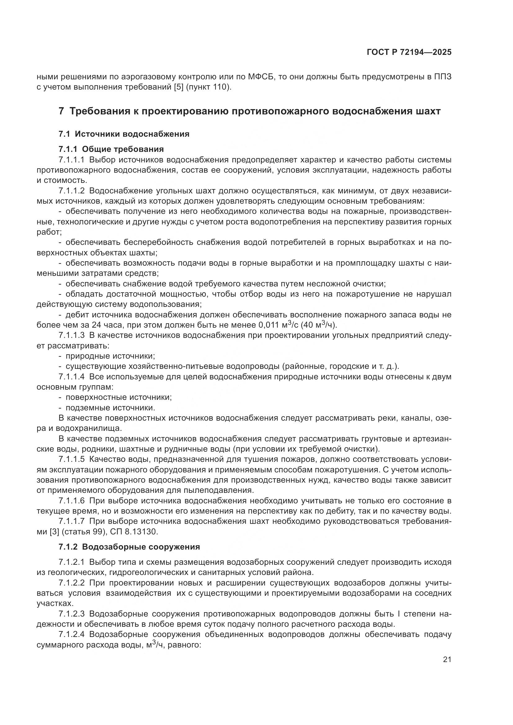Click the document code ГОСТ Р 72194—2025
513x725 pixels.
tap(409, 52)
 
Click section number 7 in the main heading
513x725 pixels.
tap(61, 112)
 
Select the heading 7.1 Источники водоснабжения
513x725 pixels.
tap(124, 134)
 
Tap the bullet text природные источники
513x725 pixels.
tap(110, 356)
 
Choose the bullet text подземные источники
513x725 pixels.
tap(110, 408)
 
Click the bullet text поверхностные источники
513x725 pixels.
tap(118, 397)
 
